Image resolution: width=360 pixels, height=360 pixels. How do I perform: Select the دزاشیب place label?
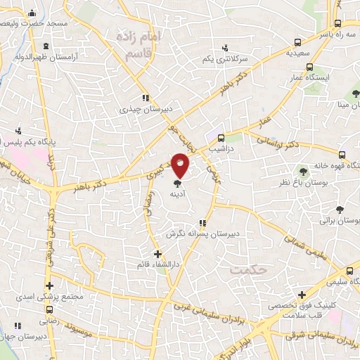(x=223, y=149)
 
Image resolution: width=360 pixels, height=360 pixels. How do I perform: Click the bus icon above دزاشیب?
(x=221, y=138)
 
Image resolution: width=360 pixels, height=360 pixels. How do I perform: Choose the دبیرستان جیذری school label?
(x=144, y=109)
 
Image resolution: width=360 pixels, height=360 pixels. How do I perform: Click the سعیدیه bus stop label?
(x=293, y=53)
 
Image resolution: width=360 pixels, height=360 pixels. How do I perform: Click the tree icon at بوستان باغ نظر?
(x=303, y=171)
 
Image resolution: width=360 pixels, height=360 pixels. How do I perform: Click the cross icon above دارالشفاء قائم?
(x=157, y=253)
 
